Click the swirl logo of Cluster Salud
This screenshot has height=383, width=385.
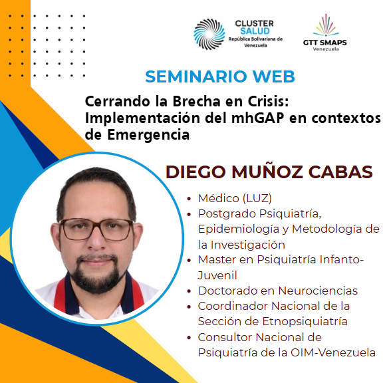tap(209, 34)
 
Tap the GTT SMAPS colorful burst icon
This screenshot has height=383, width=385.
tap(326, 25)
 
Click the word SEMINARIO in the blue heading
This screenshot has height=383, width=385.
tap(196, 76)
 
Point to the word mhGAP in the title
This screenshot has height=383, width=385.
tap(257, 118)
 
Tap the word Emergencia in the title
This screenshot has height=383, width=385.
tap(148, 134)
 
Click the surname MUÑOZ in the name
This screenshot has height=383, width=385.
tap(267, 172)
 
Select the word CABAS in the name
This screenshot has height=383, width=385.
tap(340, 172)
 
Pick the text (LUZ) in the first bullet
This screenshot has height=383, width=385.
tap(257, 198)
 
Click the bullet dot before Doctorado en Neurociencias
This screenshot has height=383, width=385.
tap(189, 291)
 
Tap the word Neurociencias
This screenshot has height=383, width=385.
tap(318, 291)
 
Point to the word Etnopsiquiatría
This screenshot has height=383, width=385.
tap(305, 321)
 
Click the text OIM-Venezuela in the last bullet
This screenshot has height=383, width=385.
tap(333, 352)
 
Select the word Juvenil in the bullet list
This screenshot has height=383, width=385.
tap(217, 275)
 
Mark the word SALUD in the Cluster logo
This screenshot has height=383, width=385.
tap(255, 31)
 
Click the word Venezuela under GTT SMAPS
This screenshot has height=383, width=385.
tap(326, 49)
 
